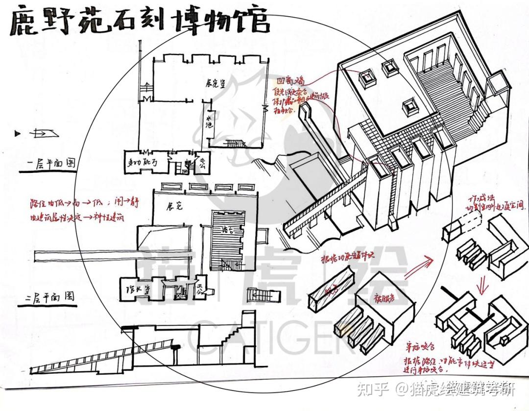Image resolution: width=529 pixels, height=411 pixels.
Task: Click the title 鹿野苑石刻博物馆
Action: coord(140,22)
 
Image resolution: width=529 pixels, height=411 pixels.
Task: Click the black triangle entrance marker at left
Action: coord(18,133)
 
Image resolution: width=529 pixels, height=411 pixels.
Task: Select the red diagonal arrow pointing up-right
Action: coord(419,266)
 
